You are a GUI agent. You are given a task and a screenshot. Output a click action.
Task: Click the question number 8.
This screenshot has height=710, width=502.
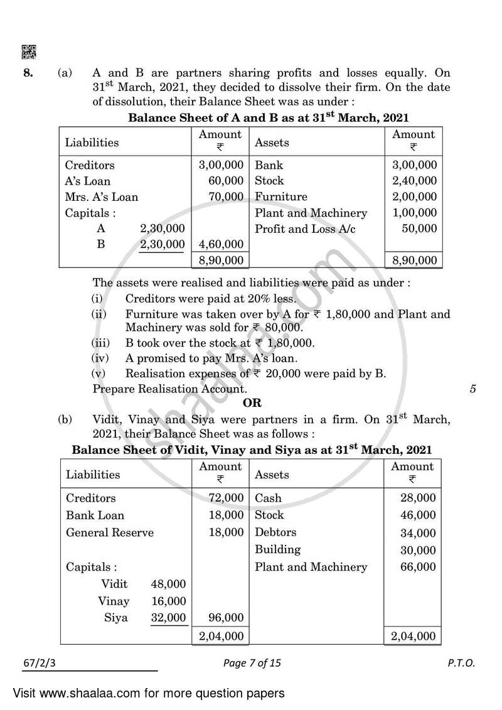[x=28, y=73]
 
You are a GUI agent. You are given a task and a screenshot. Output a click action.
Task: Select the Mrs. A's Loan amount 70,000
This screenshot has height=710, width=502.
[x=226, y=197]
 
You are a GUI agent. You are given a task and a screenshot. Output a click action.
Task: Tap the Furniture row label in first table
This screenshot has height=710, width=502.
[x=281, y=197]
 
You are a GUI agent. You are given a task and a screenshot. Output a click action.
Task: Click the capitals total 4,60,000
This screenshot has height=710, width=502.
[x=220, y=244]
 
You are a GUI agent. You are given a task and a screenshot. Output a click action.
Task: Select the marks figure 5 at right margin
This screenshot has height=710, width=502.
[x=473, y=389]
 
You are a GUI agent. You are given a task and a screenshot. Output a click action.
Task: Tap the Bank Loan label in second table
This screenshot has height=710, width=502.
[x=95, y=515]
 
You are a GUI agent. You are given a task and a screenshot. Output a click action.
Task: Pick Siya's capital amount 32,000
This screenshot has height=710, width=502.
[x=168, y=618]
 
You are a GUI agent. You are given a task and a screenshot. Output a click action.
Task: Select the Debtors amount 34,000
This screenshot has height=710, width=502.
[x=417, y=534]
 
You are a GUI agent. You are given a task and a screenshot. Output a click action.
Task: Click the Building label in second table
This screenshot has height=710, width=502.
[x=277, y=549]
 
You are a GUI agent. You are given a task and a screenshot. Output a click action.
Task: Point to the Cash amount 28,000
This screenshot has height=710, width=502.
[x=417, y=498]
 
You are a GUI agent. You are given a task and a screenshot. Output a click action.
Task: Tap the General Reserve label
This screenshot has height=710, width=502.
[x=109, y=533]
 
